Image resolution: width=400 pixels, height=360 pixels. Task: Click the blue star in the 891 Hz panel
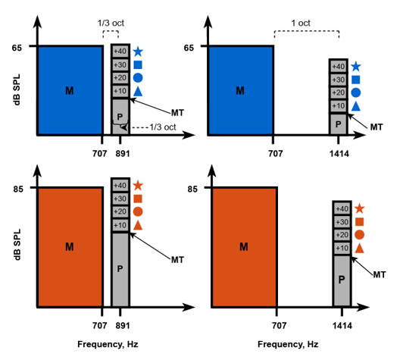coord(138,52)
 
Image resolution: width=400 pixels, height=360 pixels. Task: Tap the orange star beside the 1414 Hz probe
coord(359,208)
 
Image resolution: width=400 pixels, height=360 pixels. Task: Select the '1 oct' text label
coord(301,23)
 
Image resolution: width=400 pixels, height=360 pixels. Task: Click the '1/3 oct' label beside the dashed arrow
coord(163,127)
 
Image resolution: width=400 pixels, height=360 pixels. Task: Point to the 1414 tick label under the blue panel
coord(339,154)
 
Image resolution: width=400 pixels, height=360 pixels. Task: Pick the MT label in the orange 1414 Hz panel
coord(380,274)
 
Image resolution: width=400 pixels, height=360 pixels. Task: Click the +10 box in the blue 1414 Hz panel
coord(339,106)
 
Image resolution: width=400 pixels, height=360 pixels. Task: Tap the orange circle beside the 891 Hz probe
coord(138,211)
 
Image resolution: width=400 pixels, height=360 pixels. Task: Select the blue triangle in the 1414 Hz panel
coord(356,106)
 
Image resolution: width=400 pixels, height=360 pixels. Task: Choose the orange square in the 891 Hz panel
coord(138,199)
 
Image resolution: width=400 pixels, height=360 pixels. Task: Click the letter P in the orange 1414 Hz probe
coord(342,280)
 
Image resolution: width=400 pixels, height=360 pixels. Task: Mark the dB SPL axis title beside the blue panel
coord(17,89)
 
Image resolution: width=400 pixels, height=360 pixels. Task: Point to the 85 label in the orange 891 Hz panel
coord(18,189)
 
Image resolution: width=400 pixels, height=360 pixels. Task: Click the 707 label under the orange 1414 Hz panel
coord(279,326)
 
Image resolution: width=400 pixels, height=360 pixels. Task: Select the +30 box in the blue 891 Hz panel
coord(120,65)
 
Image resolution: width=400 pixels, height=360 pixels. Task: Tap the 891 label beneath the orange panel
coord(123,326)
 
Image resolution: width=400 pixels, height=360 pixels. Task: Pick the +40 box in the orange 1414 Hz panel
coord(342,208)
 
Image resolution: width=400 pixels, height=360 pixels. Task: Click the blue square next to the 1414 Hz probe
coord(356,80)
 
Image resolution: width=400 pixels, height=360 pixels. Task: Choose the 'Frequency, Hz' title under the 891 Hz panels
coord(108,344)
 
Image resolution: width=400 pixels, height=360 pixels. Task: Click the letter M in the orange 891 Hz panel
coord(70,247)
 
